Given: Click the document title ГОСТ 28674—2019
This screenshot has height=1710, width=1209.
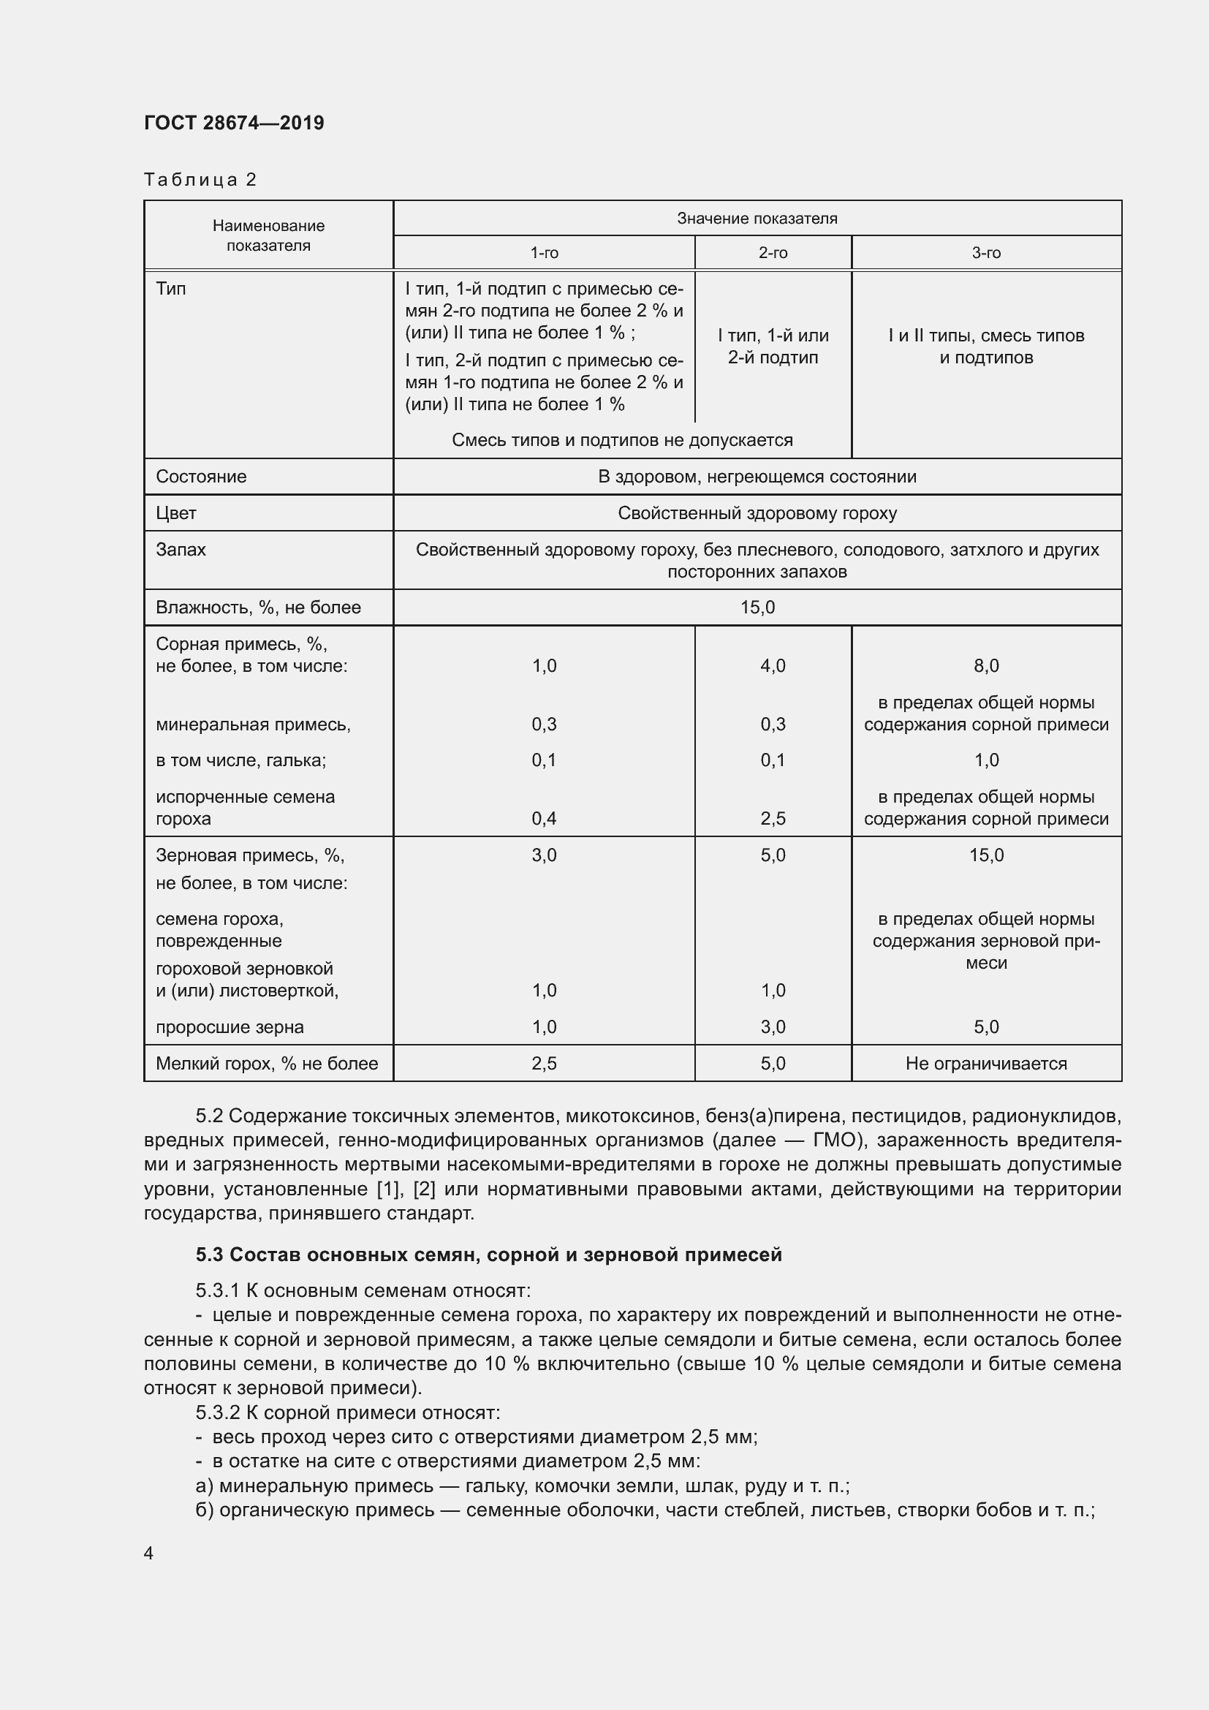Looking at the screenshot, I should pos(234,123).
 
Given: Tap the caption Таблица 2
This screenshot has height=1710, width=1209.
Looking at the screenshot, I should pos(200,180).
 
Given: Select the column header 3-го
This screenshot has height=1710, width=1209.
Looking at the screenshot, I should pos(985,253).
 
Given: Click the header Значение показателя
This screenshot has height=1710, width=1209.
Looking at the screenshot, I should pos(757,218).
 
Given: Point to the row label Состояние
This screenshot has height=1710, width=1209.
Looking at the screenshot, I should pos(201,477).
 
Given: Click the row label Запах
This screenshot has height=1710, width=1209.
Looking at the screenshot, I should pos(181,550).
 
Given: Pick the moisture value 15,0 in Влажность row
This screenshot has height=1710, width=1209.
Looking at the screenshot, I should pos(757,608).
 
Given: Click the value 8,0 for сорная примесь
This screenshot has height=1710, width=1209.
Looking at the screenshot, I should pos(985,666).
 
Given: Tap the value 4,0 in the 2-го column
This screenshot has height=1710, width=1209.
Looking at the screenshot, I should pos(772,666).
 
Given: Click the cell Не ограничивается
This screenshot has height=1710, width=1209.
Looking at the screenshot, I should pos(985,1064).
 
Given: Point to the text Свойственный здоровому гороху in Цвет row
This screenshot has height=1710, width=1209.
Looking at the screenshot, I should pos(757,513).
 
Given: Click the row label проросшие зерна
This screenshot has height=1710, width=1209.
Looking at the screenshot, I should pos(230,1027).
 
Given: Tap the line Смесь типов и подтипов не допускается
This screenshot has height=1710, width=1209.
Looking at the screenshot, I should pos(621,440).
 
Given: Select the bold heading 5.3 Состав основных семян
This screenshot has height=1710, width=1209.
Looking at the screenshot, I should pos(488,1255).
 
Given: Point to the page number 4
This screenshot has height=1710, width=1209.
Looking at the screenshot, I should pos(148,1554).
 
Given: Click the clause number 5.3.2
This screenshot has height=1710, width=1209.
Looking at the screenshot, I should pos(217,1413).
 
